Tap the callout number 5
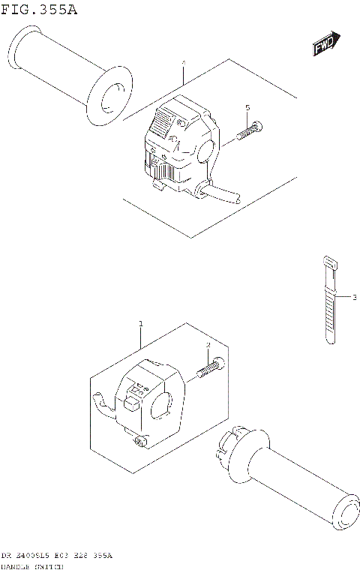tap(247, 109)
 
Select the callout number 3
tap(353, 298)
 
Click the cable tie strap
tap(330, 315)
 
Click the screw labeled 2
tap(210, 367)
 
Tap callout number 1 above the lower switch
tap(139, 324)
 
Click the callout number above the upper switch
tap(182, 64)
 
